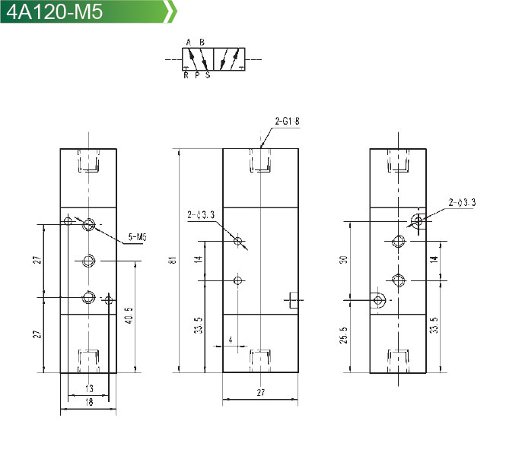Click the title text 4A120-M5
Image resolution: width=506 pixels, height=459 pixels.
(x=54, y=11)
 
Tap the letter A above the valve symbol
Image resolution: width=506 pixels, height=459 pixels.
(x=189, y=43)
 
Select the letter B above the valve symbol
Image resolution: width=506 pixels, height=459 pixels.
(x=202, y=43)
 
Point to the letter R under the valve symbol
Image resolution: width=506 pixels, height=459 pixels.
(x=186, y=75)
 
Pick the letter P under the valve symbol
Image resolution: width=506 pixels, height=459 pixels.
(x=197, y=75)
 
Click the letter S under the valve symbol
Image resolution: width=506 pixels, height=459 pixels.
(x=208, y=75)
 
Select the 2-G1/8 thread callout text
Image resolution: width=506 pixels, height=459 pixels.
(x=287, y=121)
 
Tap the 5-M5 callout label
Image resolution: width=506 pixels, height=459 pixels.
(x=138, y=237)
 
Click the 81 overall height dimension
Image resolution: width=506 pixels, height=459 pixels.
(x=173, y=260)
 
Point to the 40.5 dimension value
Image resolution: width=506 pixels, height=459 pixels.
(x=129, y=315)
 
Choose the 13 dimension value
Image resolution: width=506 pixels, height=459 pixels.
(x=89, y=388)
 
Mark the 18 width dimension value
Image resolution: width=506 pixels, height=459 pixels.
(x=89, y=402)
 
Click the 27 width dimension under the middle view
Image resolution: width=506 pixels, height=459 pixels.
(x=261, y=392)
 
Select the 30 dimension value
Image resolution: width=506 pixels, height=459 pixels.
(x=343, y=259)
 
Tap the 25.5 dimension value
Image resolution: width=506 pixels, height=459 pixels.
(x=343, y=335)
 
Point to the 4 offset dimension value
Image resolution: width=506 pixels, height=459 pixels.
(x=231, y=340)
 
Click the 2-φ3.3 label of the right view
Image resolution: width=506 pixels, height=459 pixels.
(x=462, y=202)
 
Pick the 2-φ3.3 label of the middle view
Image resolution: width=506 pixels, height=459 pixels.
(x=201, y=214)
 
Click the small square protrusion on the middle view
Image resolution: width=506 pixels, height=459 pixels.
(x=294, y=300)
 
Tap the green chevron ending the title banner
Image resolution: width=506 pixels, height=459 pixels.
(x=171, y=11)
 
